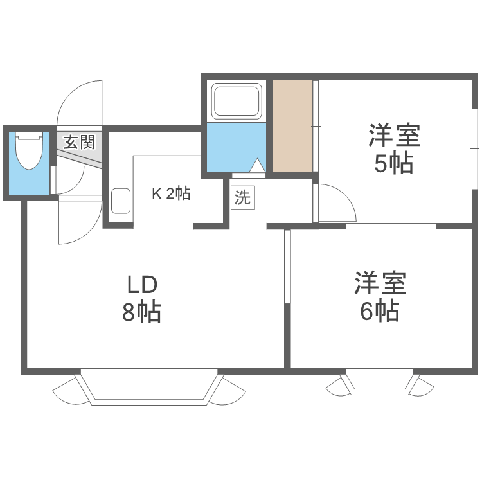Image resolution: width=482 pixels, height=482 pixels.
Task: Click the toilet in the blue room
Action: pos(29,152)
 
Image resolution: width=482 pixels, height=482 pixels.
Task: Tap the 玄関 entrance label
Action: pos(79,141)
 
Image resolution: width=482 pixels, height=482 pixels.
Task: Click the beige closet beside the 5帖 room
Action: pos(293,125)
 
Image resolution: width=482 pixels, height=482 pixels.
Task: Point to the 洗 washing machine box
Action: pos(242,197)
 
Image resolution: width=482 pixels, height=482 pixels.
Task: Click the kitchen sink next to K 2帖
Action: pos(120,201)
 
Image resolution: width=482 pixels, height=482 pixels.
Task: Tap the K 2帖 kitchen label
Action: pos(170,193)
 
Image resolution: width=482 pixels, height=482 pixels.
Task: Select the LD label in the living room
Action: pos(141,284)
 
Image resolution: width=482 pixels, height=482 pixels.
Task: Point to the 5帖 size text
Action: pos(393,165)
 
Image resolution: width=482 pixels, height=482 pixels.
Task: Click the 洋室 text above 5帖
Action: pos(393,136)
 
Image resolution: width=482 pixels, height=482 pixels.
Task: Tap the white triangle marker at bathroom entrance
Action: pos(256,166)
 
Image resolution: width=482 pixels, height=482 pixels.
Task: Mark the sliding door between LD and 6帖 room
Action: pos(287,257)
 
